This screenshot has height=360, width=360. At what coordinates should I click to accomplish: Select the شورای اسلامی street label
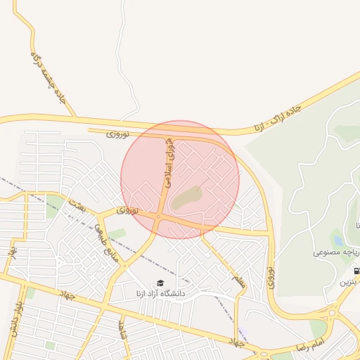pos(169,162)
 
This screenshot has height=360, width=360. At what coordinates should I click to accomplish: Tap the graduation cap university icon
pos(160,283)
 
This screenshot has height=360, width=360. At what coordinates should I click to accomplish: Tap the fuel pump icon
pos(356,270)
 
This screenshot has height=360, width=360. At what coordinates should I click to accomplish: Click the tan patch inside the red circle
pos(187,198)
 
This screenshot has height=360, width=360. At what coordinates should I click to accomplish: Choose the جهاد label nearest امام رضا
pos(237,342)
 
